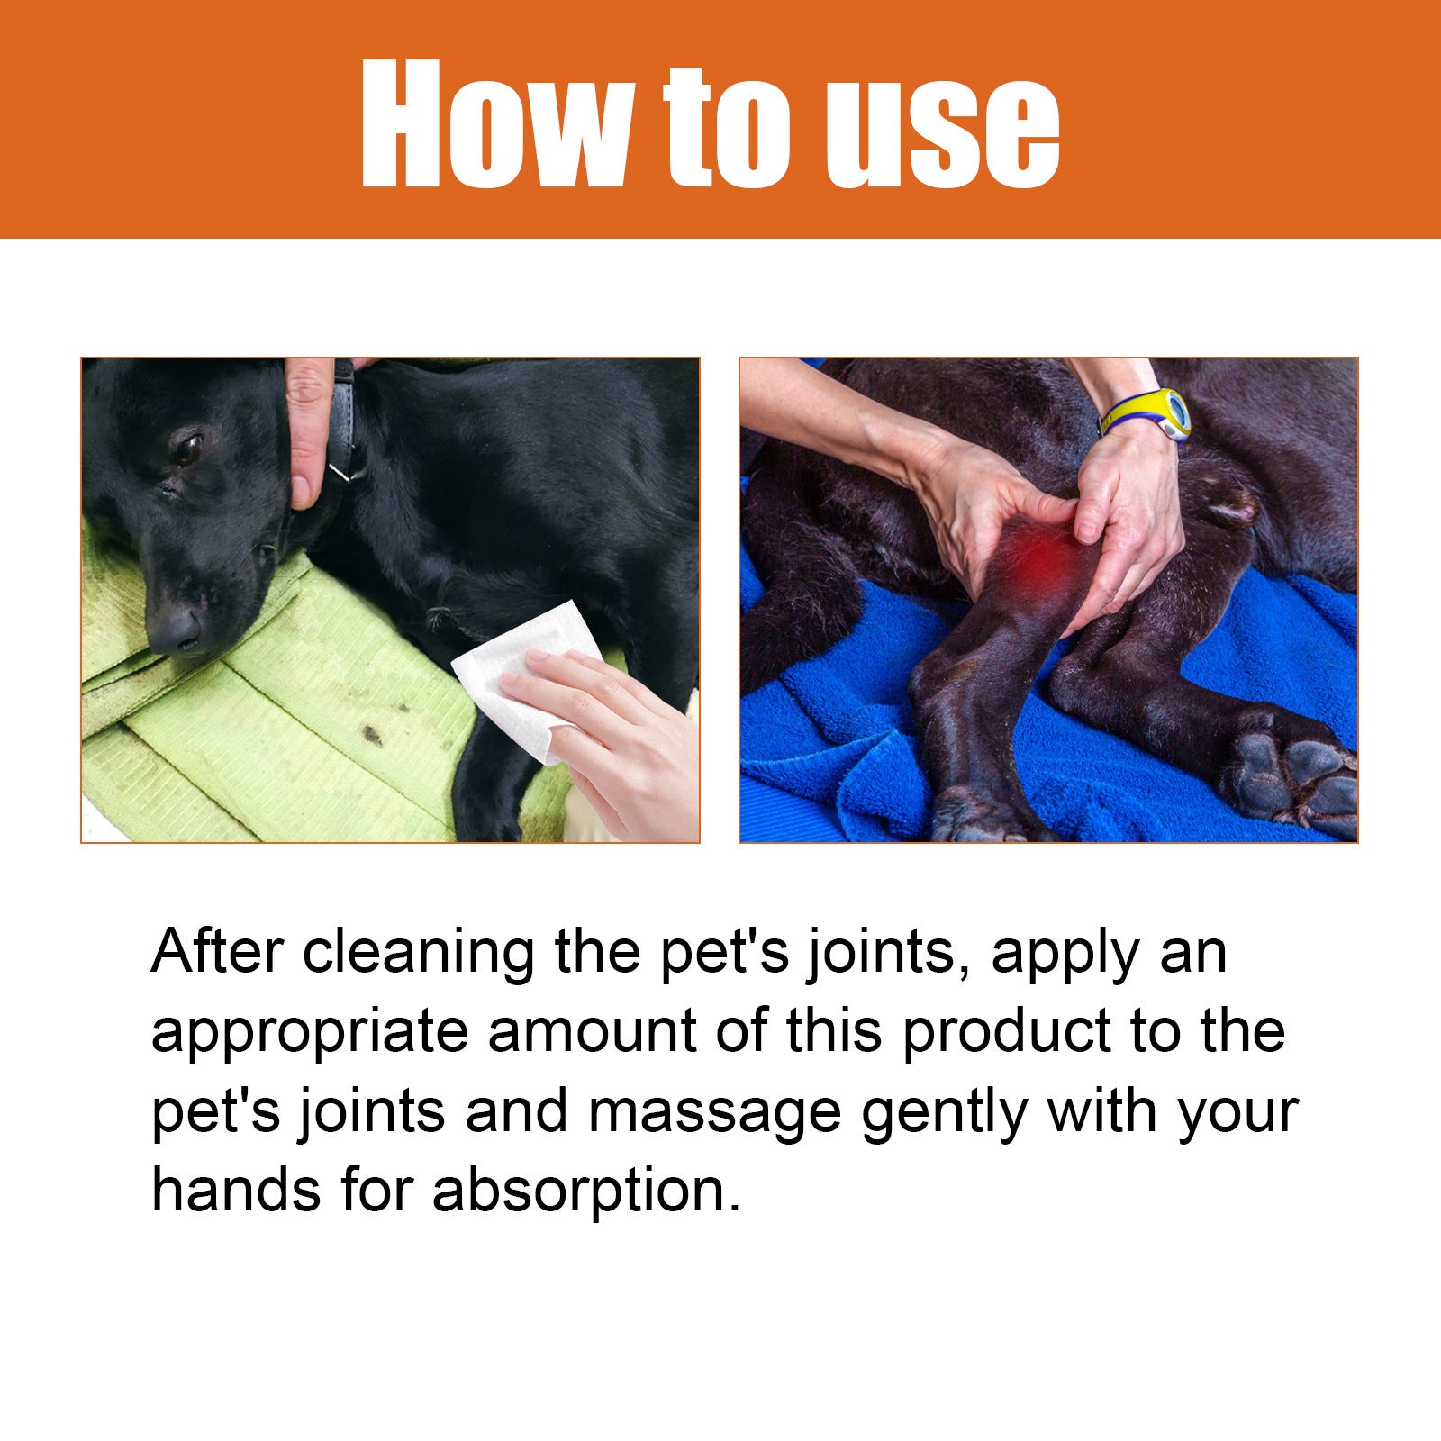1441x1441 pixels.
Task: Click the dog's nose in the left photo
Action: [x=177, y=627]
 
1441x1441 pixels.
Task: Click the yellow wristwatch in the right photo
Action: [x=1153, y=414]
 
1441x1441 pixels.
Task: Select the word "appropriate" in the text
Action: [x=309, y=1032]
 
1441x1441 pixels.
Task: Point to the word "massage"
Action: [x=713, y=1113]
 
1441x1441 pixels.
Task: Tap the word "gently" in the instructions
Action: [x=943, y=1113]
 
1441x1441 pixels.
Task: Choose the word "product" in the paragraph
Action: [x=1007, y=1030]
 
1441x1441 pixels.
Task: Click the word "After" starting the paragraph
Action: [x=217, y=951]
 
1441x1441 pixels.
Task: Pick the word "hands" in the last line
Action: [x=236, y=1191]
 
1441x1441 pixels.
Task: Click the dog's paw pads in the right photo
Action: [x=1288, y=775]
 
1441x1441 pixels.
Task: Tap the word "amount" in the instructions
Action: [x=592, y=1031]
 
